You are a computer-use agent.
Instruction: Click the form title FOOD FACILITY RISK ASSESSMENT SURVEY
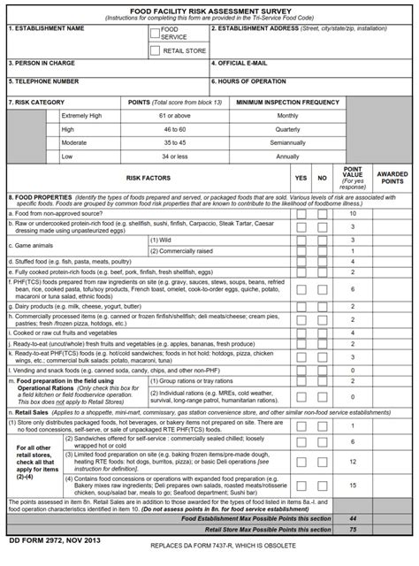point(209,6)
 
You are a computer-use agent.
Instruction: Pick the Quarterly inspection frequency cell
point(287,129)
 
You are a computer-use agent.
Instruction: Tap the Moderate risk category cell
point(74,142)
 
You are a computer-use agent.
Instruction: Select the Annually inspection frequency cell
point(287,156)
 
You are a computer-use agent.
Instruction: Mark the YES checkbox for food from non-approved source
point(301,213)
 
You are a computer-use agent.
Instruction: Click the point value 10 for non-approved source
point(353,213)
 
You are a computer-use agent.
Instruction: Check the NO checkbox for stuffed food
point(323,262)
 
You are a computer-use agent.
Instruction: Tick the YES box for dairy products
point(301,306)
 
